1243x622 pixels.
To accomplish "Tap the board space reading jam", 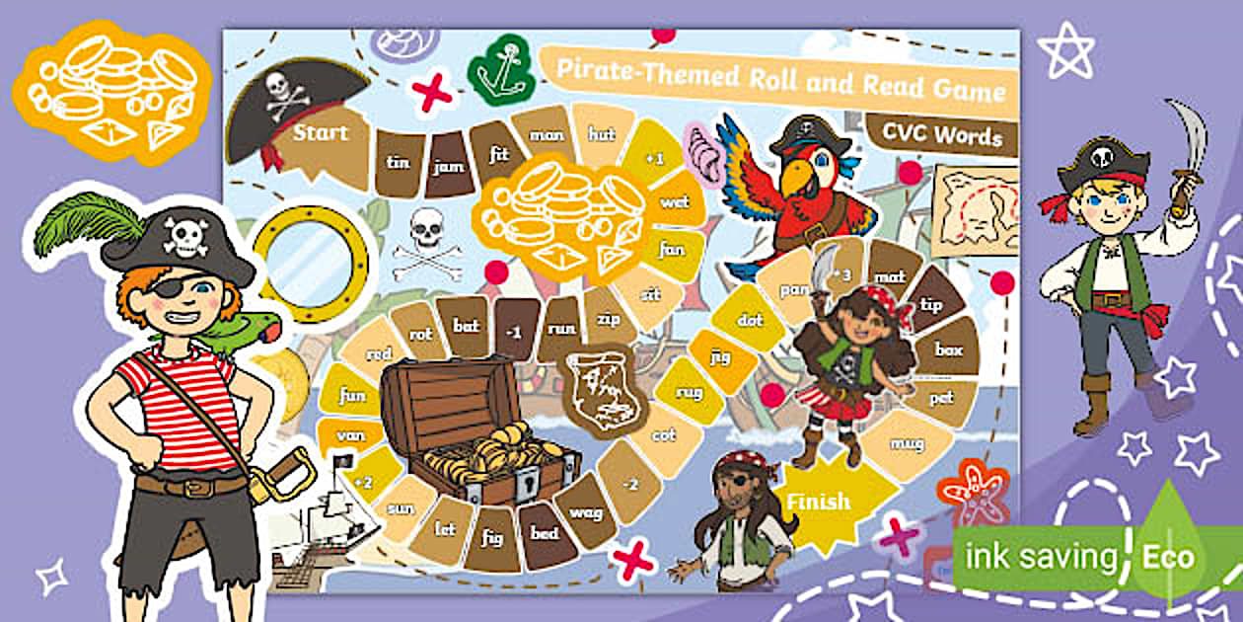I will click(448, 166).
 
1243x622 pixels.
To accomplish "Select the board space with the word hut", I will click(602, 133).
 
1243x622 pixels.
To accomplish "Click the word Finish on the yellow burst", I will click(818, 502).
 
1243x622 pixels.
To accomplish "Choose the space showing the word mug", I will click(907, 444).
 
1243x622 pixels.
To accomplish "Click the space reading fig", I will click(491, 538).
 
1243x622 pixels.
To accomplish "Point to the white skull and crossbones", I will click(426, 244).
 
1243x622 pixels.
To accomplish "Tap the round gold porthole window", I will click(310, 254).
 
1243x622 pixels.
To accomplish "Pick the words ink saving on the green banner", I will click(1041, 557).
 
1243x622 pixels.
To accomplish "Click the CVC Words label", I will click(941, 135).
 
